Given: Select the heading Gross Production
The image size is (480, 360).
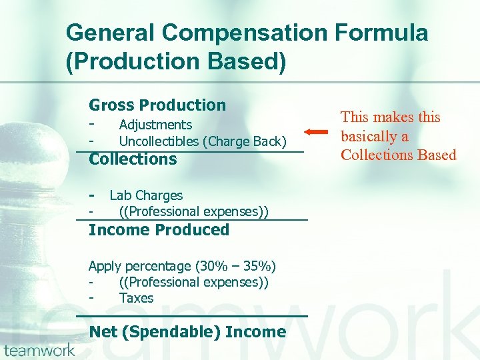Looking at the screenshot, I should click(157, 105).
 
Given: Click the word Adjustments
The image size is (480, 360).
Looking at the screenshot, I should click(155, 125).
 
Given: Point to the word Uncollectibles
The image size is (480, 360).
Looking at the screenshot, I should click(159, 141).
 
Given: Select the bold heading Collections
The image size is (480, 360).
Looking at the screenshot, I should click(133, 159).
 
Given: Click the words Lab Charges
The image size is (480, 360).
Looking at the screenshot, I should click(146, 195).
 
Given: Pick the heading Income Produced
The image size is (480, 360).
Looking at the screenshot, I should click(159, 230).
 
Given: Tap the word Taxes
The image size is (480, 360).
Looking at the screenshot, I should click(136, 298).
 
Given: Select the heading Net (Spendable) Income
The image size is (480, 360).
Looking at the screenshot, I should click(187, 332).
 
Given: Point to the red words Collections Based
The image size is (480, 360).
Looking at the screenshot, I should click(399, 155).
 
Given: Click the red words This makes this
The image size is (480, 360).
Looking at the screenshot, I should click(391, 117).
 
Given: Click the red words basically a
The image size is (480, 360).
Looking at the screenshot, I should click(375, 137).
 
